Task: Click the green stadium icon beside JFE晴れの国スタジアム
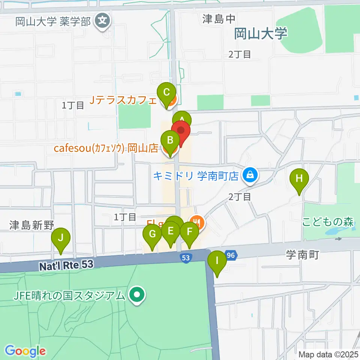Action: click(x=136, y=295)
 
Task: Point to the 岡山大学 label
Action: click(x=261, y=34)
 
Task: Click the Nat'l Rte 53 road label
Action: click(x=66, y=265)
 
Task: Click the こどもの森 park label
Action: click(x=328, y=222)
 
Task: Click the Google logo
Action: click(x=25, y=351)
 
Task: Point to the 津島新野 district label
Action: click(x=32, y=225)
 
